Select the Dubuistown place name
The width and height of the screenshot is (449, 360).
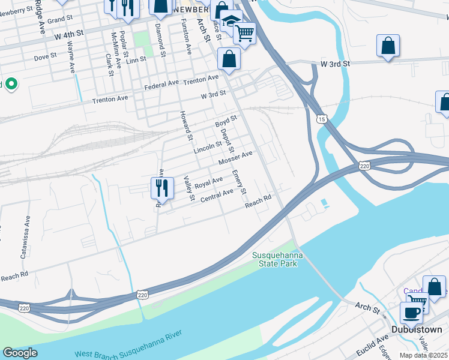tap(416, 329)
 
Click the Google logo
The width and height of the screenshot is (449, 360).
tap(20, 353)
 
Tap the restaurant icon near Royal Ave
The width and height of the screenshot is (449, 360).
tap(162, 187)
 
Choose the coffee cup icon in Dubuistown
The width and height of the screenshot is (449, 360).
tap(411, 312)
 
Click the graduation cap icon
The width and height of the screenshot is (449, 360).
tap(230, 22)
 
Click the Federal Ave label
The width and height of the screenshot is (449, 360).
tap(161, 86)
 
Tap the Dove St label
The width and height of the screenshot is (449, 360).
tap(45, 56)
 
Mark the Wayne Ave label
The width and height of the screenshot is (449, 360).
tap(71, 57)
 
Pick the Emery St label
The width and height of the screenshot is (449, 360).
tap(240, 182)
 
